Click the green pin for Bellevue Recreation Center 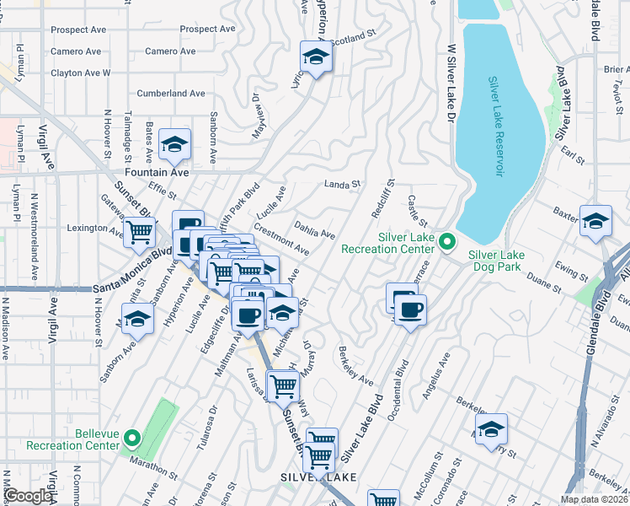point(131,439)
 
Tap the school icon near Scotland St point(316,57)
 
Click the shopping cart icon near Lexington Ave point(140,231)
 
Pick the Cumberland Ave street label point(172,94)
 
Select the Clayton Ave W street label point(81,73)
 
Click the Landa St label point(343,184)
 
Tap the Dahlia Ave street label point(315,229)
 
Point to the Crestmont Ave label point(281,240)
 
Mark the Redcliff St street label point(383,197)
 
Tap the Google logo point(27,496)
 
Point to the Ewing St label point(571,272)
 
